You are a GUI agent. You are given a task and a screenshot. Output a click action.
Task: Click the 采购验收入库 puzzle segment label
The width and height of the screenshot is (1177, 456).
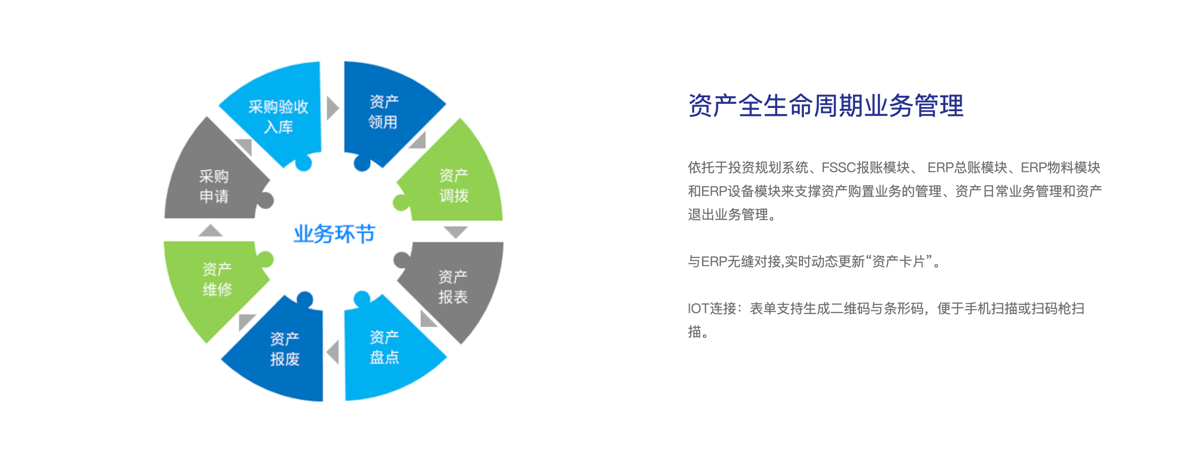tap(278, 117)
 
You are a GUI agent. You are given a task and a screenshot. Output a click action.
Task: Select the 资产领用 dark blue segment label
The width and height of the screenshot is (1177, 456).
tap(383, 112)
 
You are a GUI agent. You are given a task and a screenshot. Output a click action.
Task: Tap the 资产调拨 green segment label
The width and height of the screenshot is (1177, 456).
tap(454, 186)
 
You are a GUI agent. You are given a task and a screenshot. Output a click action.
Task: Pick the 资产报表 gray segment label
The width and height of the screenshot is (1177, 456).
tap(453, 287)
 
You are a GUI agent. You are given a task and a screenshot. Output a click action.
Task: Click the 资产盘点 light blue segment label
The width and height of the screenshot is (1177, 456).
tap(384, 347)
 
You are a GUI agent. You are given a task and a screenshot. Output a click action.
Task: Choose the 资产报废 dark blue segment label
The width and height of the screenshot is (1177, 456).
tap(285, 349)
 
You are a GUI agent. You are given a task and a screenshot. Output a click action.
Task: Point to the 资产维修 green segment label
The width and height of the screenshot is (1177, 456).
tap(217, 279)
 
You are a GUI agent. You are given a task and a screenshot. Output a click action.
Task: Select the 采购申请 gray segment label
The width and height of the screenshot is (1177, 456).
tap(214, 187)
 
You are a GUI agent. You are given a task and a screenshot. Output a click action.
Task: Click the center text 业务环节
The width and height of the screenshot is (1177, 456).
tap(334, 234)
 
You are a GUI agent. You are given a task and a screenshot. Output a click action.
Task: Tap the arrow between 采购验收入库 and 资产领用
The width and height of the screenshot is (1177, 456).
tap(332, 108)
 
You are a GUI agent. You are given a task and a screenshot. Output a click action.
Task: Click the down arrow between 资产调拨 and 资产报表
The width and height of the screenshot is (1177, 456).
tap(455, 232)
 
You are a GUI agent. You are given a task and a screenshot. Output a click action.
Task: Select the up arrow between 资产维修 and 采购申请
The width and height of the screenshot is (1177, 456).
tap(210, 231)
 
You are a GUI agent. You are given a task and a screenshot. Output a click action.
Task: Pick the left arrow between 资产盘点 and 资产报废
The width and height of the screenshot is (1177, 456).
tap(333, 352)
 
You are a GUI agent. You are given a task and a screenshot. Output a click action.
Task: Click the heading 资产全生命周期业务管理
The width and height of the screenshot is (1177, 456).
tap(825, 106)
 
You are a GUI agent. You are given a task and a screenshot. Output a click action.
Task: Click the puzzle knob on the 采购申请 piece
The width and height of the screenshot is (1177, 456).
tap(267, 201)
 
